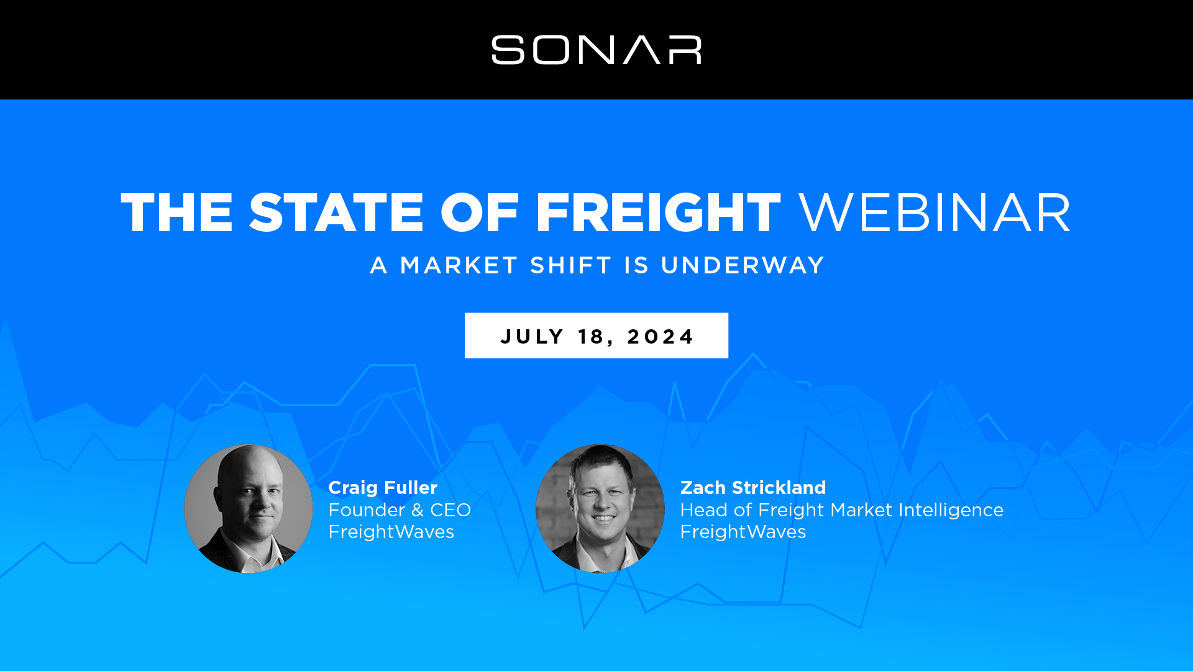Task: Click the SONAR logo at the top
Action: tap(596, 50)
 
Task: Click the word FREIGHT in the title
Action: tap(658, 212)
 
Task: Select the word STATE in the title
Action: tap(336, 212)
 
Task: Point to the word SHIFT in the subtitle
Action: tap(571, 265)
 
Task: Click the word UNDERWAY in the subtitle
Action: tap(743, 265)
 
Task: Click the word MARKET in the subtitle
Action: tap(459, 265)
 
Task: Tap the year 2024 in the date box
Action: tap(660, 336)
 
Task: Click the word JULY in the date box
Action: tap(532, 336)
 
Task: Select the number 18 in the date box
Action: tap(591, 336)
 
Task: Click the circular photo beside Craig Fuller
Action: tap(249, 508)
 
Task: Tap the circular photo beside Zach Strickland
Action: tap(600, 508)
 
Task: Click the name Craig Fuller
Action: tap(383, 488)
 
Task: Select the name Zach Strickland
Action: tap(753, 488)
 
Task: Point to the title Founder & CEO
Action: tap(400, 510)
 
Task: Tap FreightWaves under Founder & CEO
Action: tap(391, 532)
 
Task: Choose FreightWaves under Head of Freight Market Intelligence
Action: tap(743, 532)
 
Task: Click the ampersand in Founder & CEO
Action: tap(418, 510)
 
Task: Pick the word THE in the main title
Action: tap(177, 212)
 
